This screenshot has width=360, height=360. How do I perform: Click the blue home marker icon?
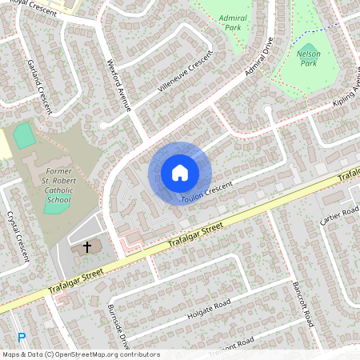click(x=180, y=173)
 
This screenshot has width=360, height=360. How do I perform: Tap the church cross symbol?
click(x=87, y=248)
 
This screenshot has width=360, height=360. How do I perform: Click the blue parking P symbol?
click(x=22, y=338)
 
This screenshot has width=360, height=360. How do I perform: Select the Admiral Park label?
click(x=232, y=21)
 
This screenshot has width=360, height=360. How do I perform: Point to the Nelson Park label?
click(x=308, y=58)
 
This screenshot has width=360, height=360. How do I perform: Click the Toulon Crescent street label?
click(x=206, y=191)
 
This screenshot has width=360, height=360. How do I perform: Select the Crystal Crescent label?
click(x=17, y=237)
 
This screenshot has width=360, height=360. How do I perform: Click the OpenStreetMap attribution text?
click(x=80, y=354)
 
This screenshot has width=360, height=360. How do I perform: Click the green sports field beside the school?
click(x=25, y=135)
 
